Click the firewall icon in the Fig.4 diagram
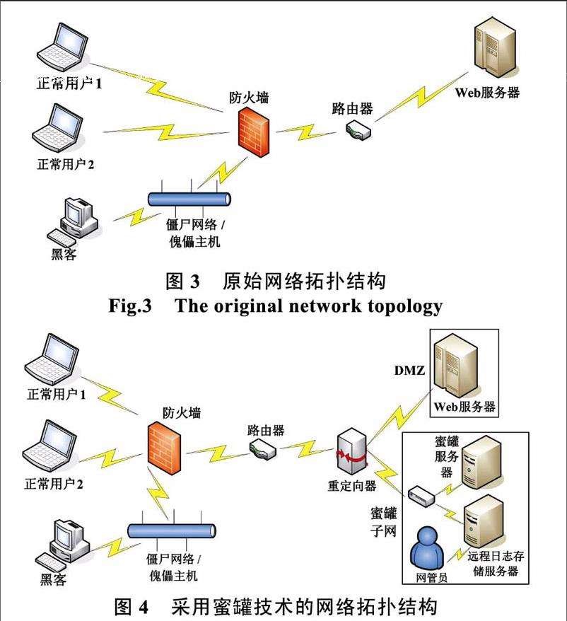164,448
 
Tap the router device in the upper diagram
358,130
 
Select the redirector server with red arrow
351,451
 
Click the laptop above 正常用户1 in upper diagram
62,48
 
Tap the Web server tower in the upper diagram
495,47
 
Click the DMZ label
409,371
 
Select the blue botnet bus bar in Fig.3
189,199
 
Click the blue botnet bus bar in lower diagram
172,530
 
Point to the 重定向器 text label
352,485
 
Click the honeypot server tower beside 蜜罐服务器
481,462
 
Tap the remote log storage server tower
484,521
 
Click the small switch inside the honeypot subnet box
421,496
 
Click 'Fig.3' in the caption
130,306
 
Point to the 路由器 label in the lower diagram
266,431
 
